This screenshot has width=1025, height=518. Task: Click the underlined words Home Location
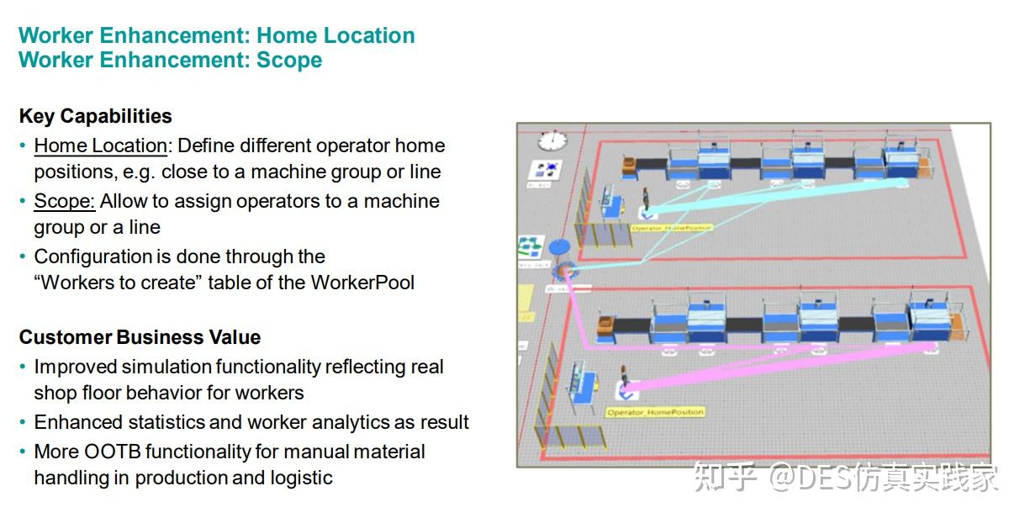click(x=100, y=145)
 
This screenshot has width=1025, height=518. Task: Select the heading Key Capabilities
click(x=95, y=116)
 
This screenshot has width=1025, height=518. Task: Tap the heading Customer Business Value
click(x=140, y=337)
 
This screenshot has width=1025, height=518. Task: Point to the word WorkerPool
click(x=362, y=283)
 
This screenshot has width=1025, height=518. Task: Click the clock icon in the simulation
click(x=552, y=139)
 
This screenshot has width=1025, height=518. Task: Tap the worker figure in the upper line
click(x=646, y=201)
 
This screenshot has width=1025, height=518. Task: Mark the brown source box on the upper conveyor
click(x=629, y=165)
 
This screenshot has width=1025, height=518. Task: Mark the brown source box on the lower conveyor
click(x=605, y=325)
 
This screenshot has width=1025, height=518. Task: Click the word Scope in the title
click(x=289, y=61)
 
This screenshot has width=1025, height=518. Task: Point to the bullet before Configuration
click(x=23, y=257)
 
